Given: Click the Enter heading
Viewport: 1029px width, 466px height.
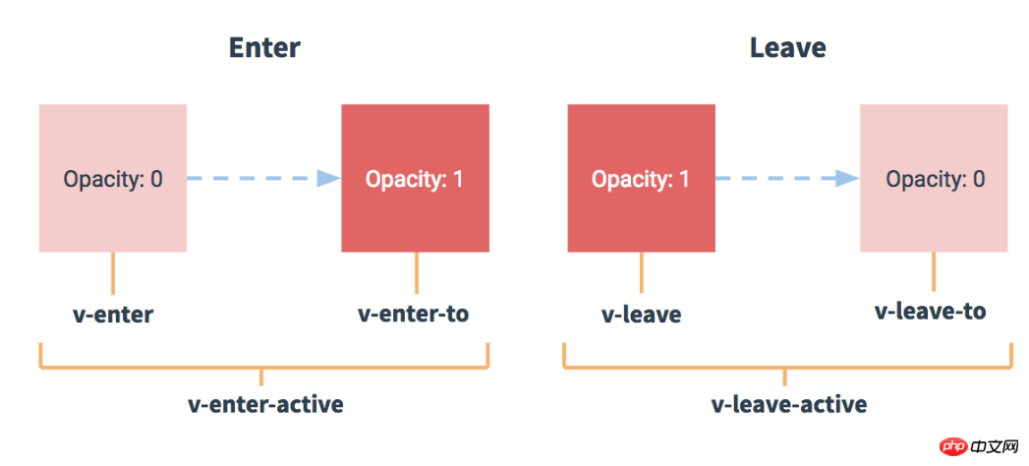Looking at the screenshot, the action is click(x=264, y=48).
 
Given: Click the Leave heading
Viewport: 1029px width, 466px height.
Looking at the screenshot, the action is click(x=787, y=48).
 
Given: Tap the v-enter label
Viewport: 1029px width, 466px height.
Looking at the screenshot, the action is click(x=113, y=315).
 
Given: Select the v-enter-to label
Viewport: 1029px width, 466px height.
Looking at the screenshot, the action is click(x=414, y=314).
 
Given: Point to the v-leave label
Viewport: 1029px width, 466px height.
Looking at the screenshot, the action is click(x=641, y=315).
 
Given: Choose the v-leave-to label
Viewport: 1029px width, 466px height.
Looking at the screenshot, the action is click(x=931, y=311).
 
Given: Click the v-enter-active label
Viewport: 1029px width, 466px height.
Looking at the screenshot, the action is click(x=265, y=404).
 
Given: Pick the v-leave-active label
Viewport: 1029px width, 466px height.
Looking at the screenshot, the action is click(x=789, y=404).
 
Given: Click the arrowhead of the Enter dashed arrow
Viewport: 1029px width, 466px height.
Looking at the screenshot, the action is click(x=329, y=178).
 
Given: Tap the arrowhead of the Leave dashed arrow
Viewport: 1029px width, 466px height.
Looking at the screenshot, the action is click(x=848, y=178).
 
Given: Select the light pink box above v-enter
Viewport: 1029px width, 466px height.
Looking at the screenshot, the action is click(x=113, y=178).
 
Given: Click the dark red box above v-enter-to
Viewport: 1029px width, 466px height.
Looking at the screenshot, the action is click(x=416, y=178).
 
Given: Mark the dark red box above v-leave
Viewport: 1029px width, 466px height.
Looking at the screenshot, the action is click(x=641, y=178).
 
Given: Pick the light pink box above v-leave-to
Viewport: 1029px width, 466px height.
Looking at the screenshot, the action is click(x=934, y=178).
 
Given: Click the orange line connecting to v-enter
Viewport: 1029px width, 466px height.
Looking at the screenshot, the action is click(x=113, y=273).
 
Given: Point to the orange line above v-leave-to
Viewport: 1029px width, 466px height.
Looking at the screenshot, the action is click(x=934, y=271).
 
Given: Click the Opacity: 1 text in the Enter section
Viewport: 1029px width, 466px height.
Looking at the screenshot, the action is click(x=415, y=179).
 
